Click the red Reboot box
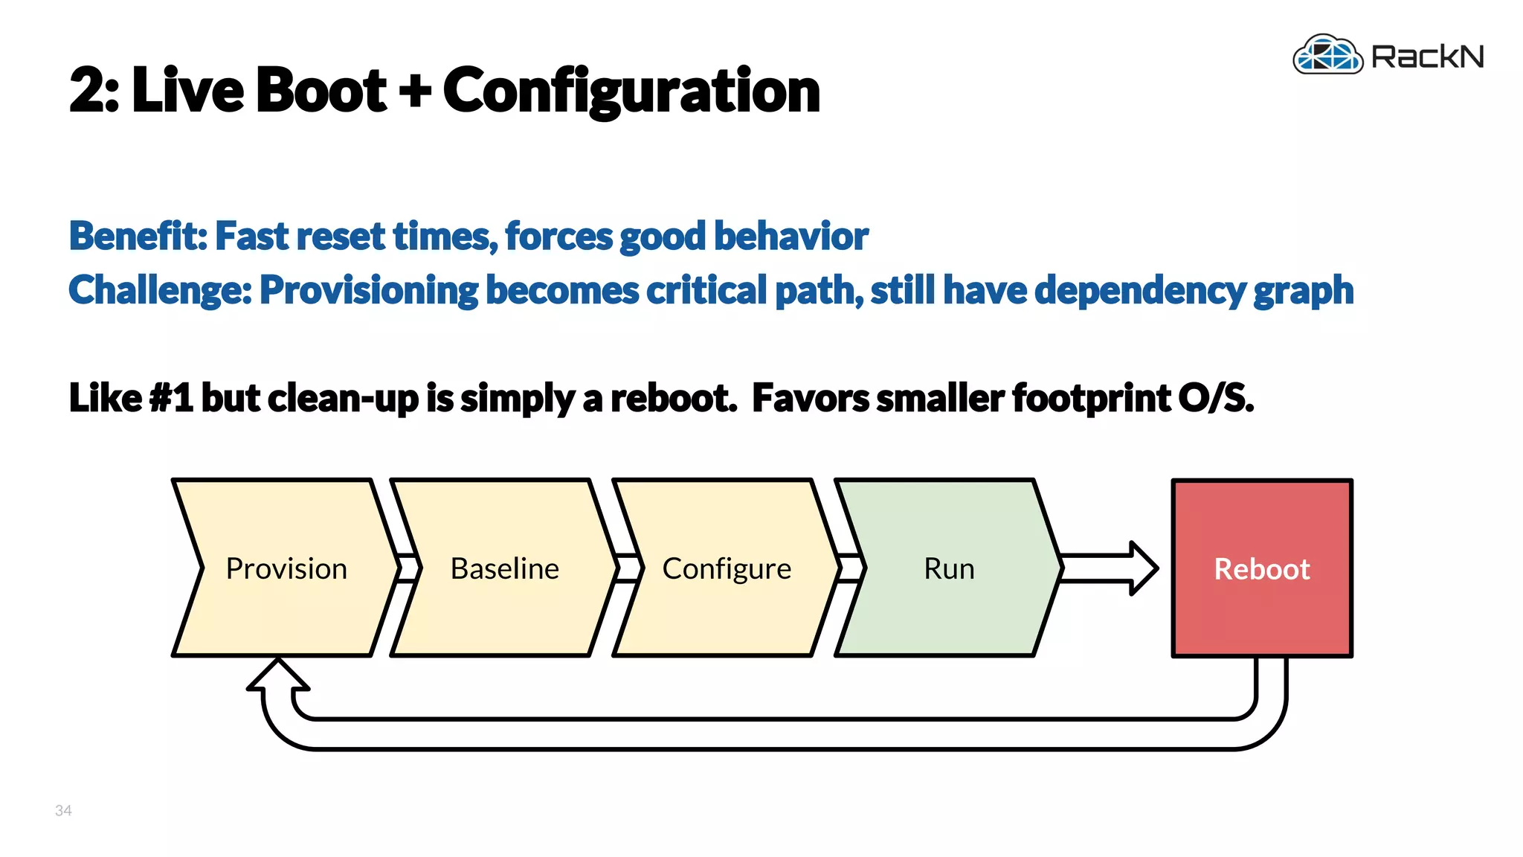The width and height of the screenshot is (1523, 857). pos(1262,568)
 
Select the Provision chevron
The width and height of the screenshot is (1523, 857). pos(286,568)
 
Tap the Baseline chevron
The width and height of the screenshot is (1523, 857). pos(504,568)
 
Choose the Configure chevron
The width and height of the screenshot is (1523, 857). pos(727,568)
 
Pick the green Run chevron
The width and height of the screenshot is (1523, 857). pos(948,568)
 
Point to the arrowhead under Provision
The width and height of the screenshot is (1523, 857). pos(278,675)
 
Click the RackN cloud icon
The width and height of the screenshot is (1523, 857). pos(1328,55)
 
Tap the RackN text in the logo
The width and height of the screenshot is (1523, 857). pos(1427,57)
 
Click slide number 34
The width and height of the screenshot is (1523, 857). pos(63,810)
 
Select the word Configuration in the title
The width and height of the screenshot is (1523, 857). pos(631,91)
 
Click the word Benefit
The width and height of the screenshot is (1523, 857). pos(137,237)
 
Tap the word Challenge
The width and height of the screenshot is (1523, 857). pos(159,290)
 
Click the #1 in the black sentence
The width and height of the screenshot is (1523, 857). pos(171,397)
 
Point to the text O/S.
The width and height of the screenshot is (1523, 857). pos(1215,397)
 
